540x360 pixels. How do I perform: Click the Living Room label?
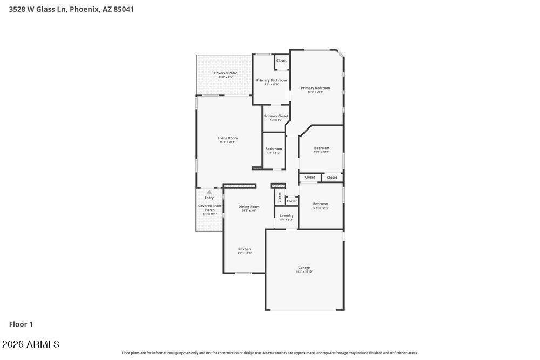point(227,138)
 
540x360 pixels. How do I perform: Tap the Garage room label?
point(304,268)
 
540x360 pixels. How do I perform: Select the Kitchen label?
point(245,249)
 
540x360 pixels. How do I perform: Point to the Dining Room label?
point(249,207)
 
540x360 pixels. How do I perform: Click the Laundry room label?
point(286,216)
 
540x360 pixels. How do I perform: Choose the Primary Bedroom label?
point(315,88)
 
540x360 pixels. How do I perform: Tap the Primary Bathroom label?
point(272,80)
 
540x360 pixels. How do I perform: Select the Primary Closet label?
point(276,116)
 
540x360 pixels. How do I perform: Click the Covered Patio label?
point(226,73)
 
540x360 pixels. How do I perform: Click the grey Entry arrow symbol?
point(209,192)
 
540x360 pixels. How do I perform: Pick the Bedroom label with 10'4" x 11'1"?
point(322,148)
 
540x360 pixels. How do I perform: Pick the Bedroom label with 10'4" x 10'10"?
point(321,204)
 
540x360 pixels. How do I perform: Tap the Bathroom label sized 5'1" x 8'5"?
point(273,149)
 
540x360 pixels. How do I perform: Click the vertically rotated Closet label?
point(280,197)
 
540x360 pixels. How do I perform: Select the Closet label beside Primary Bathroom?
point(281,60)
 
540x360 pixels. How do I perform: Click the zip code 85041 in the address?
point(124,9)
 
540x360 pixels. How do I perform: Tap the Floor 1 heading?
point(21,324)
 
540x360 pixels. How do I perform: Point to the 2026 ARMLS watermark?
point(31,344)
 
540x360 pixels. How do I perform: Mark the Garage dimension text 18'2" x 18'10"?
point(304,271)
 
